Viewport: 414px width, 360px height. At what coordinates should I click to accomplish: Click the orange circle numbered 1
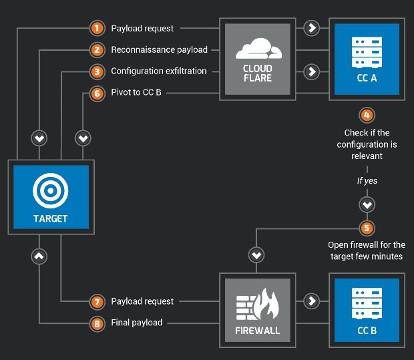click(97, 28)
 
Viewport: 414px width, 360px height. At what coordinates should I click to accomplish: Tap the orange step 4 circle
click(366, 115)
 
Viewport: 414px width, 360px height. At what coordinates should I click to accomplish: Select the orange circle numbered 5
click(366, 228)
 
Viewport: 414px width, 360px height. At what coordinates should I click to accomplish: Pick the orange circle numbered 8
click(97, 323)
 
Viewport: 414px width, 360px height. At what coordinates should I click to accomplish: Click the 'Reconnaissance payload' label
click(159, 49)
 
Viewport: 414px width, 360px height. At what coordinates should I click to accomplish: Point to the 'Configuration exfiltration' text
click(159, 71)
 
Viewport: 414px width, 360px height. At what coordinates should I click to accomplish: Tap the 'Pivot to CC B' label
click(136, 93)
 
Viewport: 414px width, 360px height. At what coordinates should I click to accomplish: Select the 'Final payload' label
click(137, 323)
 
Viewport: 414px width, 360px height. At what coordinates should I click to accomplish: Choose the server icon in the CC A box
click(366, 49)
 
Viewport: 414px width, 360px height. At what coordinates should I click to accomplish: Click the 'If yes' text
click(366, 180)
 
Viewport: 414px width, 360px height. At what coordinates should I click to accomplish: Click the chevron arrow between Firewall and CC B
click(310, 301)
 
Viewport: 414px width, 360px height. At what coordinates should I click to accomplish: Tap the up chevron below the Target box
click(39, 255)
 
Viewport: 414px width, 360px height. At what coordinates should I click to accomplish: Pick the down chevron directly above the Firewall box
click(256, 254)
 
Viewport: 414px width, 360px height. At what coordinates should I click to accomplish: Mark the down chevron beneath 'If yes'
click(366, 204)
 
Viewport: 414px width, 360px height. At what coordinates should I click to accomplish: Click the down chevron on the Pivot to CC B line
click(83, 138)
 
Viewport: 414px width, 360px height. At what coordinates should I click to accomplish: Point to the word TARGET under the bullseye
click(51, 218)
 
